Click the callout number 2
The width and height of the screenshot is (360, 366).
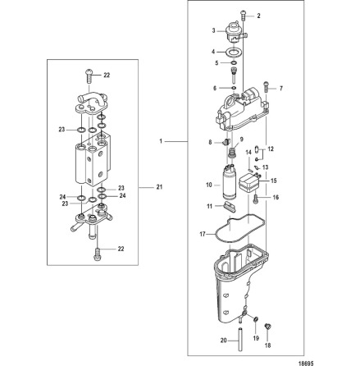258,16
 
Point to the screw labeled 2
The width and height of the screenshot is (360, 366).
243,15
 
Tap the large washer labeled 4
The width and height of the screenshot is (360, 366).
233,52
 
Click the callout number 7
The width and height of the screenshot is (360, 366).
281,89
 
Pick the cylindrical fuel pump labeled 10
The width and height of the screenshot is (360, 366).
230,182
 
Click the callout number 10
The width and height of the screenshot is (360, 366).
209,185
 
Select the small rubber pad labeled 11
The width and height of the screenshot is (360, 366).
230,206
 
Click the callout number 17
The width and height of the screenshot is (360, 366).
203,234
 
